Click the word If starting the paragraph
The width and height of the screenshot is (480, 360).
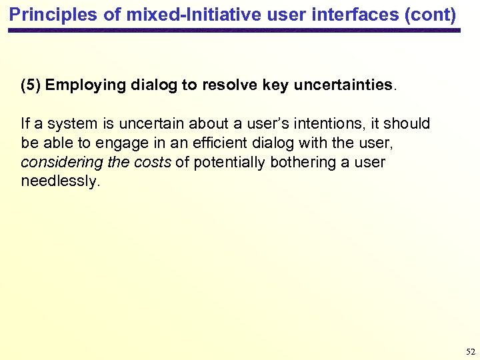[x=25, y=124]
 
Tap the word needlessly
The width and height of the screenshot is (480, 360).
[x=60, y=182]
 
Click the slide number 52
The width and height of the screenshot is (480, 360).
[x=471, y=351]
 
